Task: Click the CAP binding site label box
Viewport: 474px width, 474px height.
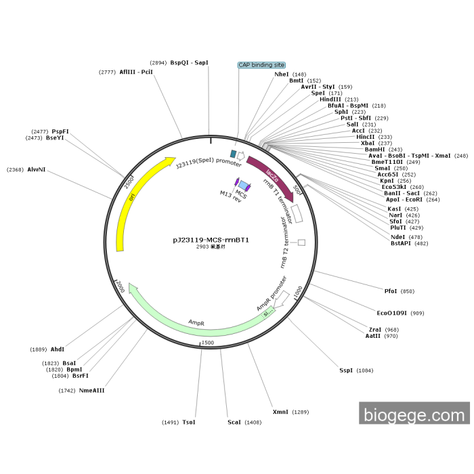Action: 261,65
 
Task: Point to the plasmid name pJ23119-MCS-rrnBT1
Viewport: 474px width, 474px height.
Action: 211,240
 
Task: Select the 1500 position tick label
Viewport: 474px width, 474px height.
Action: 207,343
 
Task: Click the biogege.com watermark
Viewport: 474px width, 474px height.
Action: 414,414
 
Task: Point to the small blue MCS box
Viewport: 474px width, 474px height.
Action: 243,185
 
